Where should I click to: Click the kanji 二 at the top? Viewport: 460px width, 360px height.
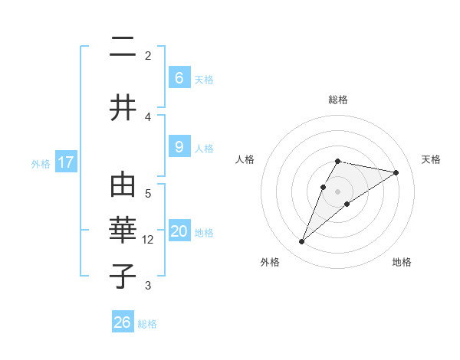point(123,47)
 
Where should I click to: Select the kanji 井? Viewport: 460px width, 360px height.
point(123,107)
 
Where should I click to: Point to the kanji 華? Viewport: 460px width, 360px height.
point(123,231)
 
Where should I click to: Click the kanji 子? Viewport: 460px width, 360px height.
point(123,275)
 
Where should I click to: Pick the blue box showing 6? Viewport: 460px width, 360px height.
point(179,78)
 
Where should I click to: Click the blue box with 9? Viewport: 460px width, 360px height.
point(179,147)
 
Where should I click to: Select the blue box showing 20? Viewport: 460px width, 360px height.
point(179,231)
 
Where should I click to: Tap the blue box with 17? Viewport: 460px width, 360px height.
point(66,162)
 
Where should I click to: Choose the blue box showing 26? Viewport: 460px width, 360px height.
point(123,322)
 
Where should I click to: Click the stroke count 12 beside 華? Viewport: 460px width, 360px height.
point(148,240)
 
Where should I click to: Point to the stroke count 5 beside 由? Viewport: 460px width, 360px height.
point(148,194)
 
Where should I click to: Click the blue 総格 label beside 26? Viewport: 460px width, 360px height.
point(147,324)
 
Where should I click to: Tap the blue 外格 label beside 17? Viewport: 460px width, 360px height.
point(41,164)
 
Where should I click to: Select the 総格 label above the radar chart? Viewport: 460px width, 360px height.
point(338,100)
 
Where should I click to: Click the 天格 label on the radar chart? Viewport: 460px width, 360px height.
point(432,159)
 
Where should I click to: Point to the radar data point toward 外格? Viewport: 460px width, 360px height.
point(301,242)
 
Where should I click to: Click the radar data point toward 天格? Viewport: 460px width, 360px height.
point(396,172)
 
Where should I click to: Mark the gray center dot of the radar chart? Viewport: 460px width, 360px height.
point(338,191)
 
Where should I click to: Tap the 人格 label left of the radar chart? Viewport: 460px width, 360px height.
point(245,159)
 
